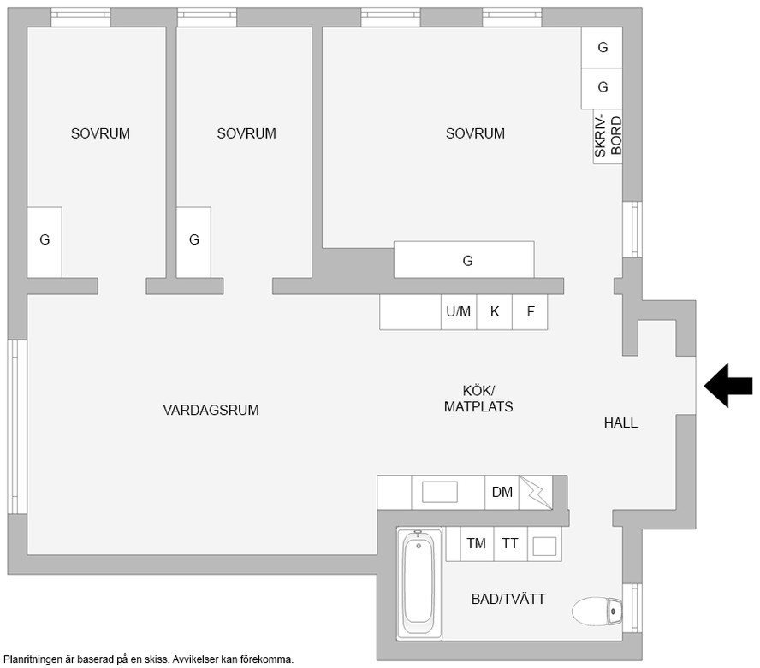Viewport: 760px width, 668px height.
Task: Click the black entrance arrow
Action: (x=728, y=386)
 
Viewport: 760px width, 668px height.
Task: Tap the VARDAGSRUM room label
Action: (x=211, y=411)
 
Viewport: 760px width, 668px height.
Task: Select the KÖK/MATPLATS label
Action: (x=478, y=399)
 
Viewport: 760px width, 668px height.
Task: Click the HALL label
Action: (x=620, y=423)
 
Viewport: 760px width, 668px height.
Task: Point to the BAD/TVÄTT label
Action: (x=508, y=600)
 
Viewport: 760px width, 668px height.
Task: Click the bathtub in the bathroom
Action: (x=419, y=583)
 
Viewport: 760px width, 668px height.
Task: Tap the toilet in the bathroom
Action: (x=597, y=612)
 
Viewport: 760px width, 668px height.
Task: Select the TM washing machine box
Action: (x=477, y=544)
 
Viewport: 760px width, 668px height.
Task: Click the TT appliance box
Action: (x=510, y=544)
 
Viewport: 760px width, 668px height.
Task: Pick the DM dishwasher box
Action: (x=502, y=492)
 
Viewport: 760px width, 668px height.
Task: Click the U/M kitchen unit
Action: (x=459, y=312)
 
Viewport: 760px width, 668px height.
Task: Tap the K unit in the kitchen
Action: (x=495, y=312)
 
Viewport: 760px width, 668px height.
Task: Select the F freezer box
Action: (x=531, y=312)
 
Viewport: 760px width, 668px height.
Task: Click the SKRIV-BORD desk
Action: (x=608, y=137)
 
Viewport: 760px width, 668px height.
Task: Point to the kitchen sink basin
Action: (x=440, y=492)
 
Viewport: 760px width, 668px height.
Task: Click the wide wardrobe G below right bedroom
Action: (x=464, y=260)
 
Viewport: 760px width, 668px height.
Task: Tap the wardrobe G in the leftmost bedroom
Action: (x=45, y=242)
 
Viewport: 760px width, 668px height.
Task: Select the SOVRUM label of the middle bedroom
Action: (x=246, y=133)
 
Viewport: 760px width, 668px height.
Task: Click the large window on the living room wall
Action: (x=17, y=426)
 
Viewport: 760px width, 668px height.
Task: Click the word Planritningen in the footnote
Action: (x=33, y=659)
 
